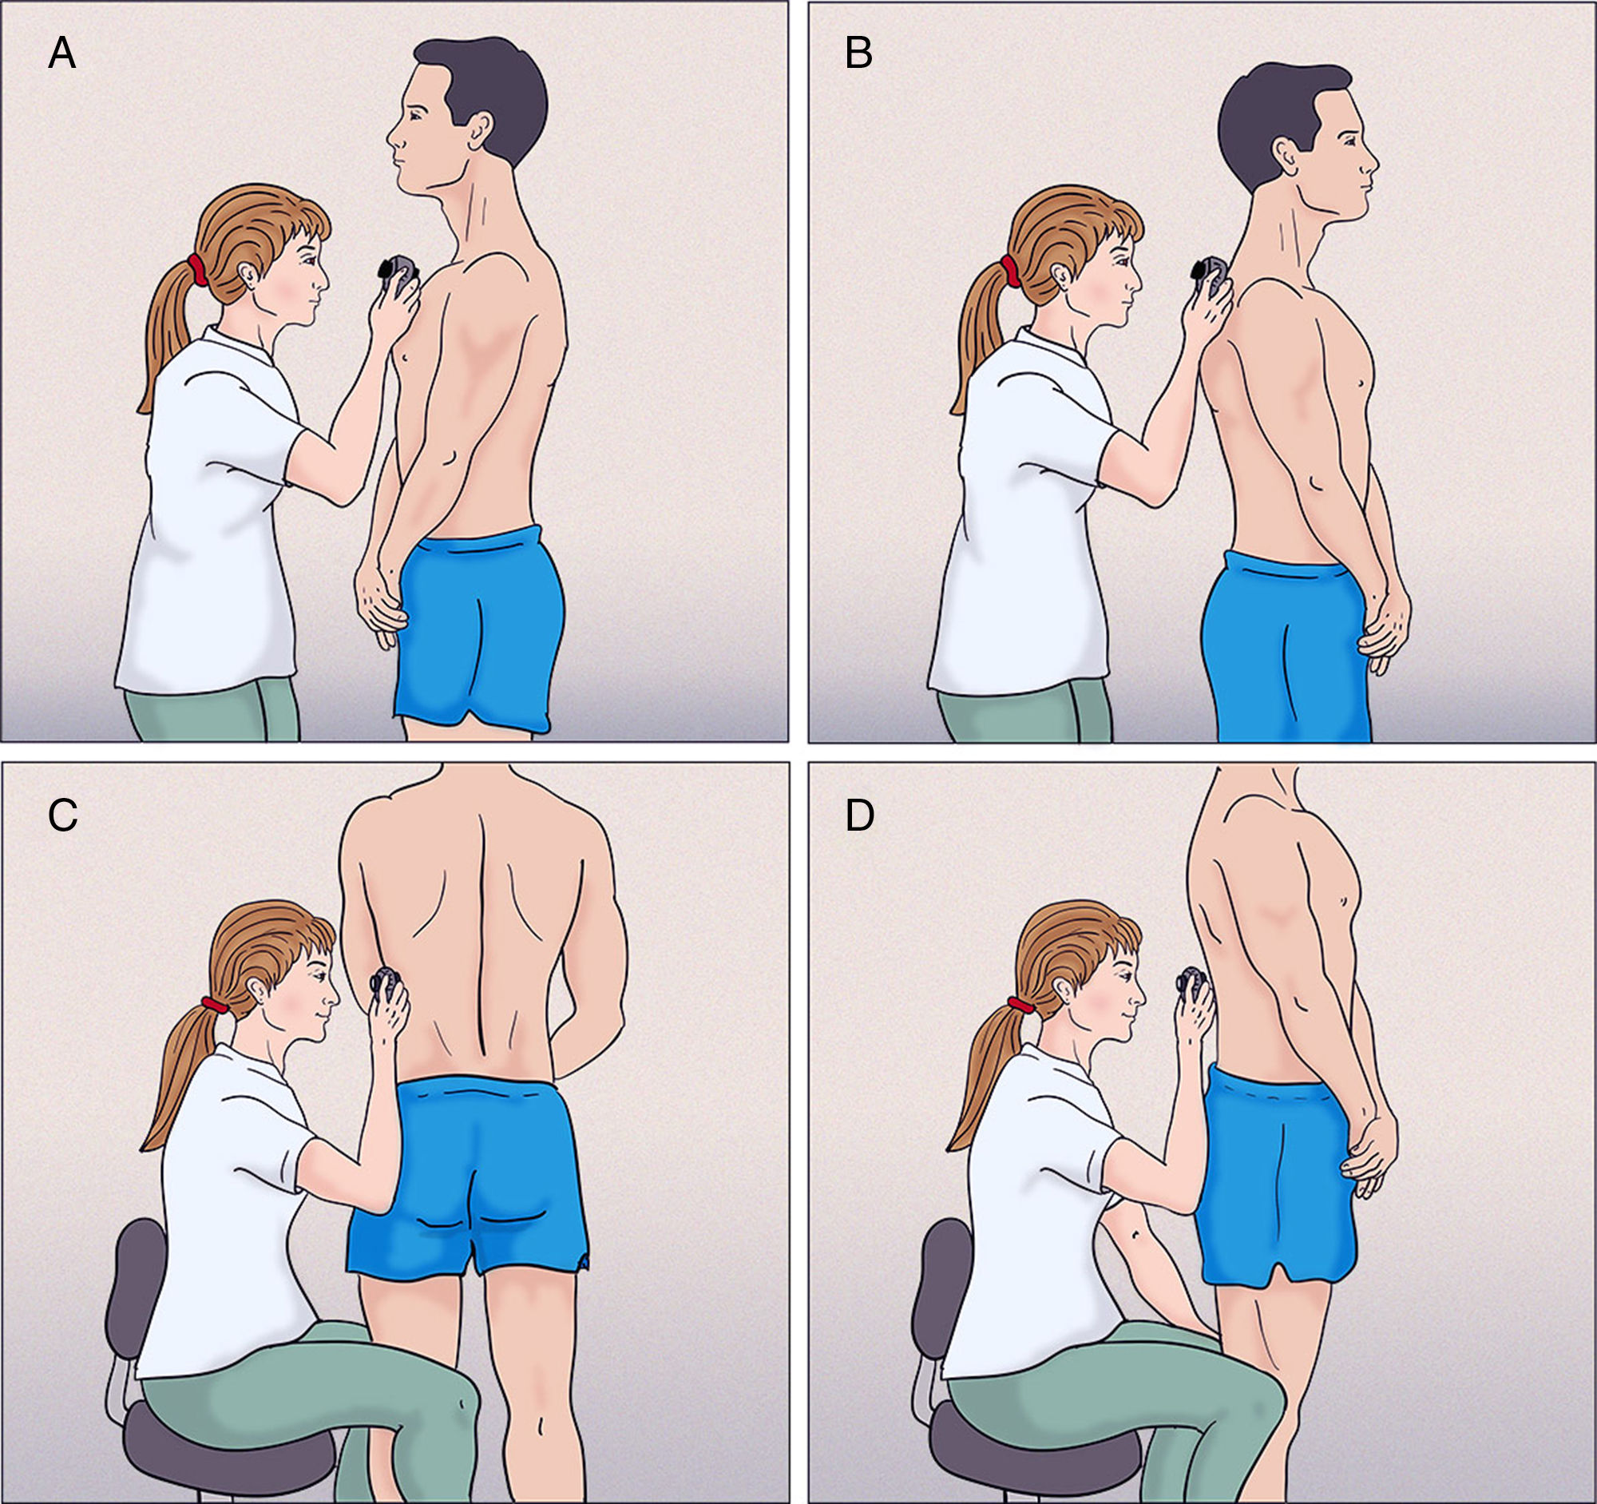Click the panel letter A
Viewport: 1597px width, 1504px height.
pos(61,54)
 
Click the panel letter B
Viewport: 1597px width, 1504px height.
pos(858,54)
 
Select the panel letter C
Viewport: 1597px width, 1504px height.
pos(62,815)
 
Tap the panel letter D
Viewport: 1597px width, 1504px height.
pos(860,815)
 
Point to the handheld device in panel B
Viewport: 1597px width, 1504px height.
pos(1209,277)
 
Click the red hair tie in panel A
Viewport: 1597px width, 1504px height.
pos(196,270)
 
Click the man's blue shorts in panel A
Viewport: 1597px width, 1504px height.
pos(479,629)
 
